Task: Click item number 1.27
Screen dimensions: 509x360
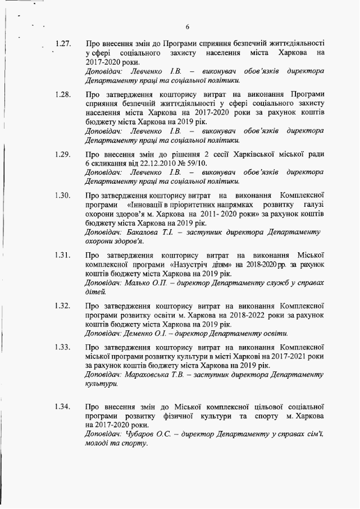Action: (63, 43)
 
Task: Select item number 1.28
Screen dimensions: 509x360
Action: (63, 95)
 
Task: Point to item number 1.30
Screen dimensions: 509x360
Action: (63, 196)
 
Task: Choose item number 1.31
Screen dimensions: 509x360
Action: (63, 256)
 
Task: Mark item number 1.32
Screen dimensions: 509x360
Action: (63, 306)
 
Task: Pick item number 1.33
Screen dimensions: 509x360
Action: (63, 348)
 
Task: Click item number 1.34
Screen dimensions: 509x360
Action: (63, 406)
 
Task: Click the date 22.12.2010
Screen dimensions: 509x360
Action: (158, 163)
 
